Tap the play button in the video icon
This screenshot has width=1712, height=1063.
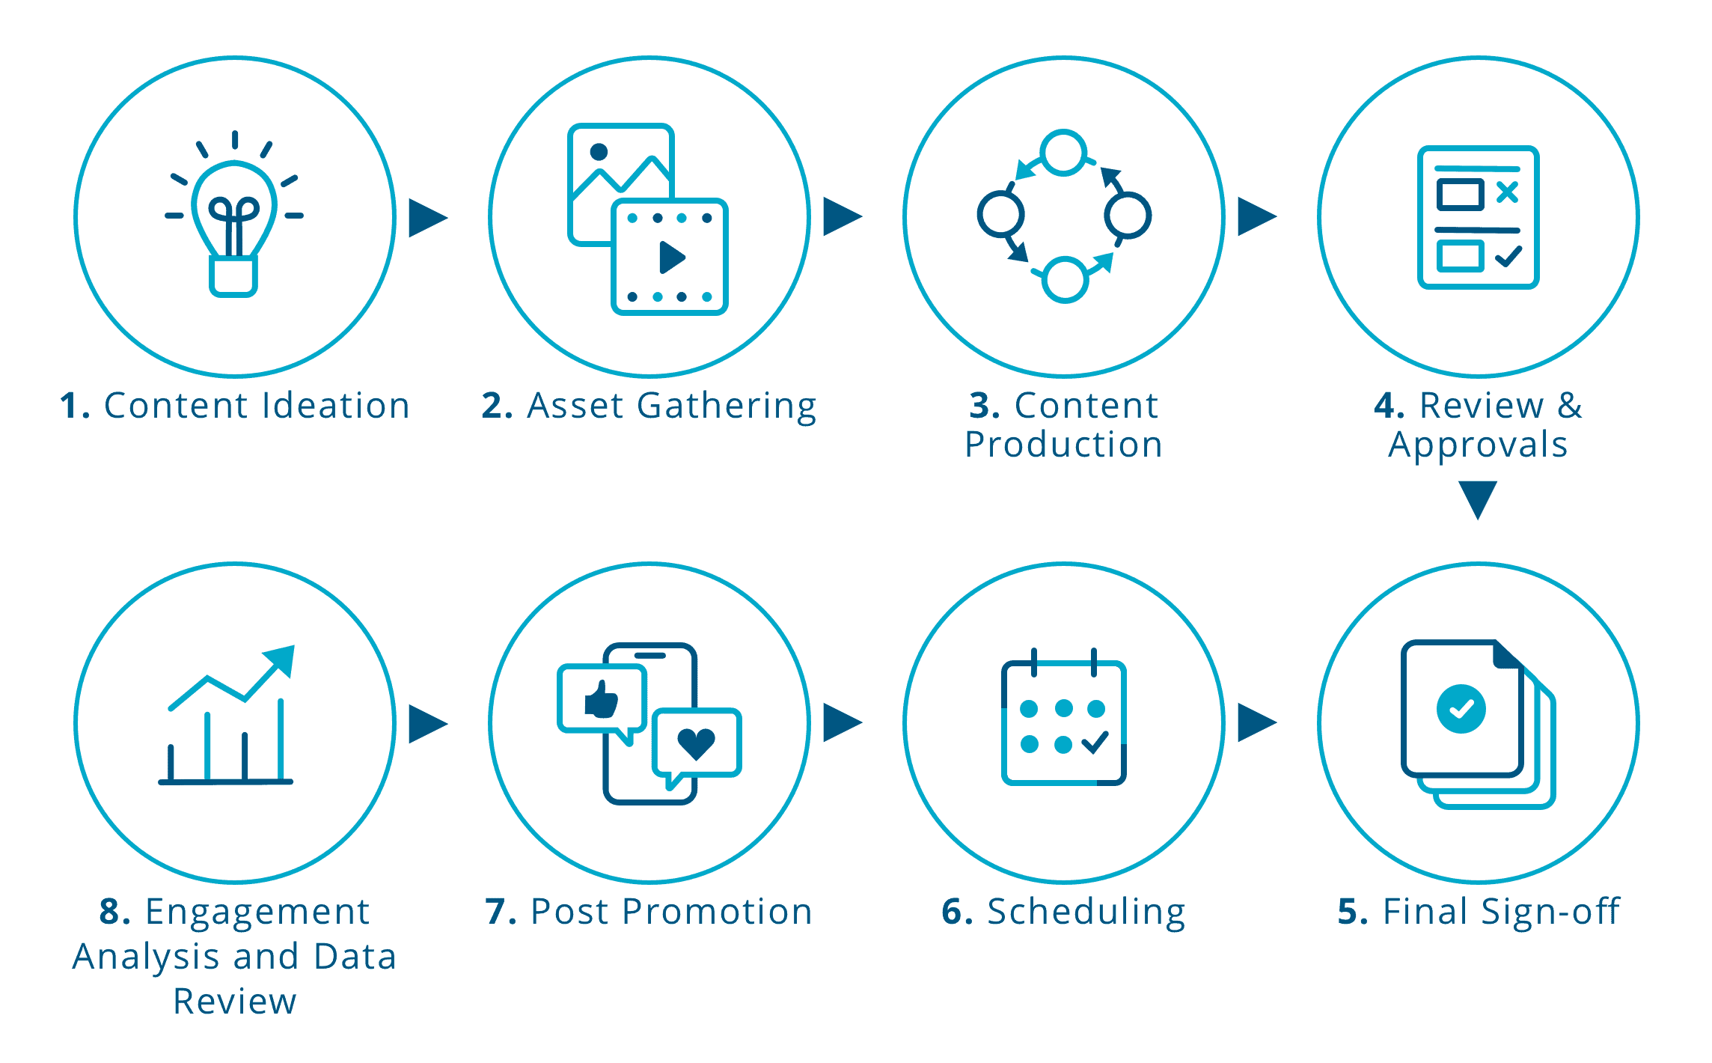click(672, 258)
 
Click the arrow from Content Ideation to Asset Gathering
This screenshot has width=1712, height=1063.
click(428, 218)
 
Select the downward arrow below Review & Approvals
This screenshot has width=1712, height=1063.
click(1478, 499)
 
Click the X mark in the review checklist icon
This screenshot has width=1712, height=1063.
click(1508, 192)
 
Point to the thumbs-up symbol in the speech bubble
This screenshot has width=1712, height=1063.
click(602, 699)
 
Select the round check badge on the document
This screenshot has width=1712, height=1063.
click(1461, 709)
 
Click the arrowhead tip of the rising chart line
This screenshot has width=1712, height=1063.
click(294, 646)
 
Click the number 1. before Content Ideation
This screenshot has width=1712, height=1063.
click(75, 406)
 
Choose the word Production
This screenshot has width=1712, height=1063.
click(1063, 445)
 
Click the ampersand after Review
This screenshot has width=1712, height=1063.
click(1570, 406)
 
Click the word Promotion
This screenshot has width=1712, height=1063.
click(717, 912)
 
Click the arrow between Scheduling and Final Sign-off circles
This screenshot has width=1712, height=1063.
click(1257, 722)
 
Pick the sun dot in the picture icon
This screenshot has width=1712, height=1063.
click(599, 152)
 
